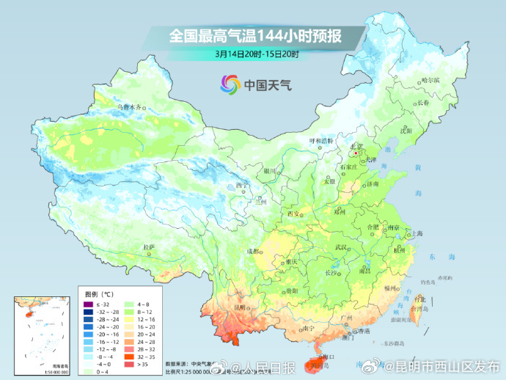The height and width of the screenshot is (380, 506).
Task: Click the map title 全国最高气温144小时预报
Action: (x=256, y=35)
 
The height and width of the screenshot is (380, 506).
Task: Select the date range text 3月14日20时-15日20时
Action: (x=256, y=54)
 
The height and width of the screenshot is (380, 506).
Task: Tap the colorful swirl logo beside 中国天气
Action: (x=230, y=84)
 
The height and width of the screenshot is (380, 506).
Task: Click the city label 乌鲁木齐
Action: (x=129, y=106)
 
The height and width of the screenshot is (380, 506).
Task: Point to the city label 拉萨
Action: (x=149, y=247)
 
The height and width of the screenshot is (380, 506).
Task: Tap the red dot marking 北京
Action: (x=356, y=153)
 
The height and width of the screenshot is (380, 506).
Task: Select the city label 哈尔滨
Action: (x=430, y=80)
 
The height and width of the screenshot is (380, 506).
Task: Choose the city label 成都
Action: (x=253, y=251)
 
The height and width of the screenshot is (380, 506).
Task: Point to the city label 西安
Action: (x=293, y=213)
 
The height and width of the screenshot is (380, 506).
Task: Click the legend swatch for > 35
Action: (x=130, y=362)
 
